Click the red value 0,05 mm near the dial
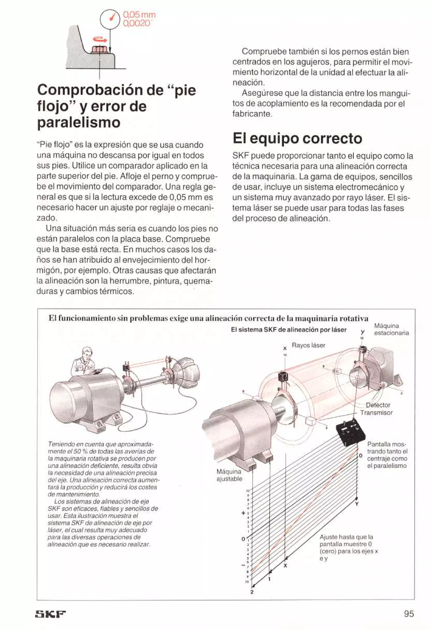139,15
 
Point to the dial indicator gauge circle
110,19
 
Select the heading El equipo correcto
297,138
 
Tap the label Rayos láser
308,345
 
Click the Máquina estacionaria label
391,329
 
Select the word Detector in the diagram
378,405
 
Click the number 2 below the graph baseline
252,592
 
